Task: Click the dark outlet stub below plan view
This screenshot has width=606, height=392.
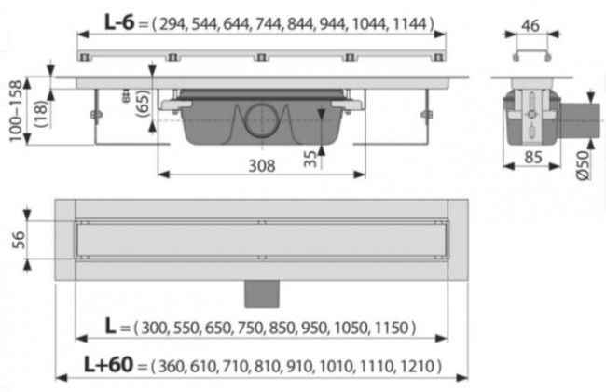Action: (x=261, y=294)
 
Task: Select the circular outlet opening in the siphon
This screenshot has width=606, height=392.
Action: (x=262, y=121)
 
